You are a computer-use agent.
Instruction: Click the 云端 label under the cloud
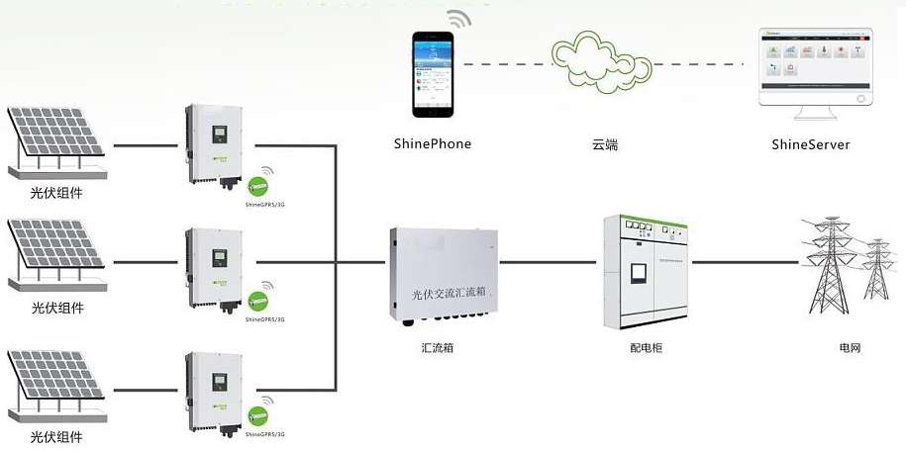click(x=605, y=144)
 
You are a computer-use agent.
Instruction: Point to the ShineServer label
click(x=810, y=144)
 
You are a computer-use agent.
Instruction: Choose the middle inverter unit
click(x=213, y=267)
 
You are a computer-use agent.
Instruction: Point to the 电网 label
click(x=851, y=349)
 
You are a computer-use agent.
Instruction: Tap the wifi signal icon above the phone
click(x=458, y=20)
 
